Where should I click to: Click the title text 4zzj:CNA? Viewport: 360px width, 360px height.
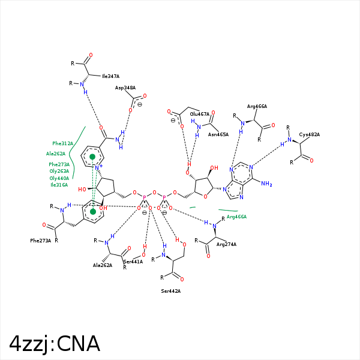[55, 343]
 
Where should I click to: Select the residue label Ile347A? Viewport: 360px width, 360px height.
[110, 76]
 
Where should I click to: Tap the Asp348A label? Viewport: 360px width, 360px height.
[125, 88]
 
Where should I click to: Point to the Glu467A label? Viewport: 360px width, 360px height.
[200, 114]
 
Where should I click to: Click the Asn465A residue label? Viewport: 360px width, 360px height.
[218, 134]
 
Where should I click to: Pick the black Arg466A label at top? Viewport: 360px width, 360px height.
[257, 106]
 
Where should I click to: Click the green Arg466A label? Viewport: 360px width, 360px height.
[236, 217]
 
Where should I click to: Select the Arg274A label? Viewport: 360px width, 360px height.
[226, 244]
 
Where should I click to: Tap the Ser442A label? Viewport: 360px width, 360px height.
[171, 291]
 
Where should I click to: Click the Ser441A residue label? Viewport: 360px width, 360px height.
[133, 262]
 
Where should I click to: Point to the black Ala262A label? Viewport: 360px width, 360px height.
[103, 265]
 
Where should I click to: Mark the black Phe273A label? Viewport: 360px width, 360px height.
[41, 241]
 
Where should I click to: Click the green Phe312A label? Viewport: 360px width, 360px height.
[62, 143]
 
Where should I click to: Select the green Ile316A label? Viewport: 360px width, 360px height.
[59, 185]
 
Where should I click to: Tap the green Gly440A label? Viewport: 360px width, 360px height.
[59, 178]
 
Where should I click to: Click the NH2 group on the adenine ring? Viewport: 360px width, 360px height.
[266, 184]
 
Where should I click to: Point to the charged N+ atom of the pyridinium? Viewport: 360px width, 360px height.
[100, 166]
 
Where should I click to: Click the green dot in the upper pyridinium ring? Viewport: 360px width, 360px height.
[92, 157]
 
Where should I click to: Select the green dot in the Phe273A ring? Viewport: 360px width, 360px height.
[92, 211]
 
